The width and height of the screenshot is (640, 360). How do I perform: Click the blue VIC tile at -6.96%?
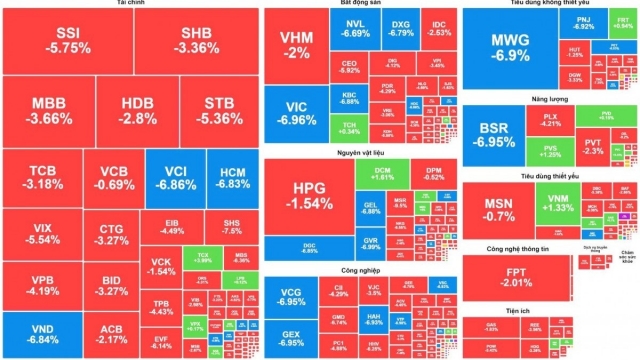pyautogui.click(x=296, y=114)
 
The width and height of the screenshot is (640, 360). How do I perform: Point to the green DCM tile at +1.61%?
pyautogui.click(x=382, y=175)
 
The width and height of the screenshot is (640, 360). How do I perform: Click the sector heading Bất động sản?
pyautogui.click(x=357, y=4)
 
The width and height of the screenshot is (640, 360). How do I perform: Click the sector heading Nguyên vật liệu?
pyautogui.click(x=356, y=152)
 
